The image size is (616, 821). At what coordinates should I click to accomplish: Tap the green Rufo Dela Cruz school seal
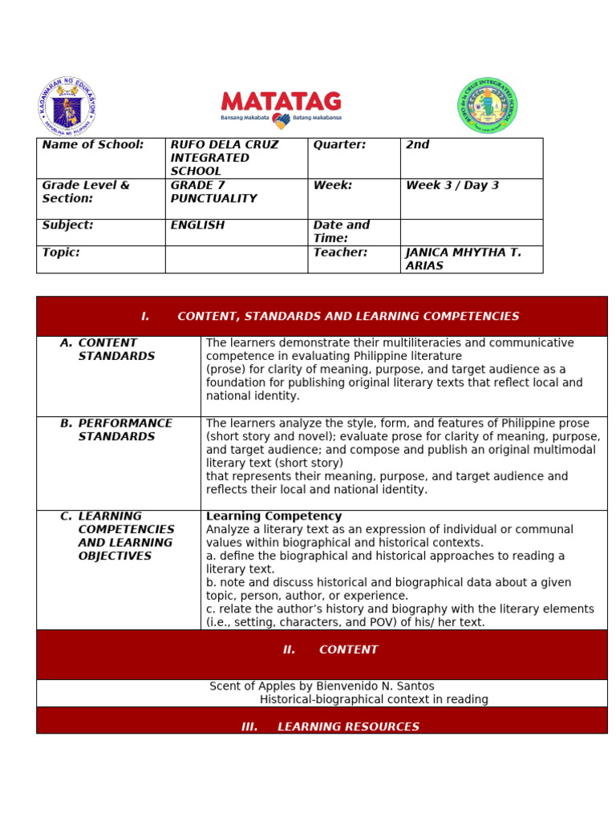(x=488, y=106)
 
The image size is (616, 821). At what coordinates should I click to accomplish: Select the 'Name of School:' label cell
(x=93, y=145)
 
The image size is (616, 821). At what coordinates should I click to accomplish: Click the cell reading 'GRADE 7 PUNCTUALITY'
(x=213, y=192)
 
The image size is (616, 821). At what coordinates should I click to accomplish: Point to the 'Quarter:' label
(x=339, y=145)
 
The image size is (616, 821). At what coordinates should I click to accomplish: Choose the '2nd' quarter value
(x=418, y=145)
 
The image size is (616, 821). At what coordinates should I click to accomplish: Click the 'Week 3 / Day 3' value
(x=452, y=185)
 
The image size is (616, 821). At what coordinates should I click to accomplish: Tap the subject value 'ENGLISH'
(x=197, y=225)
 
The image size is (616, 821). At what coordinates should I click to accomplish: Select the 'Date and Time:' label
(x=342, y=232)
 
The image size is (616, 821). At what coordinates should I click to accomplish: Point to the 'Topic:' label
(x=61, y=253)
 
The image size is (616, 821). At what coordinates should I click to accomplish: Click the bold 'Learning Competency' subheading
(x=274, y=516)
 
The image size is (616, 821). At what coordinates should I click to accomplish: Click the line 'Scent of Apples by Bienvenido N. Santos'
(x=322, y=686)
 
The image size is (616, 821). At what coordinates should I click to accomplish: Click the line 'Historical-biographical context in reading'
(x=374, y=699)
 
